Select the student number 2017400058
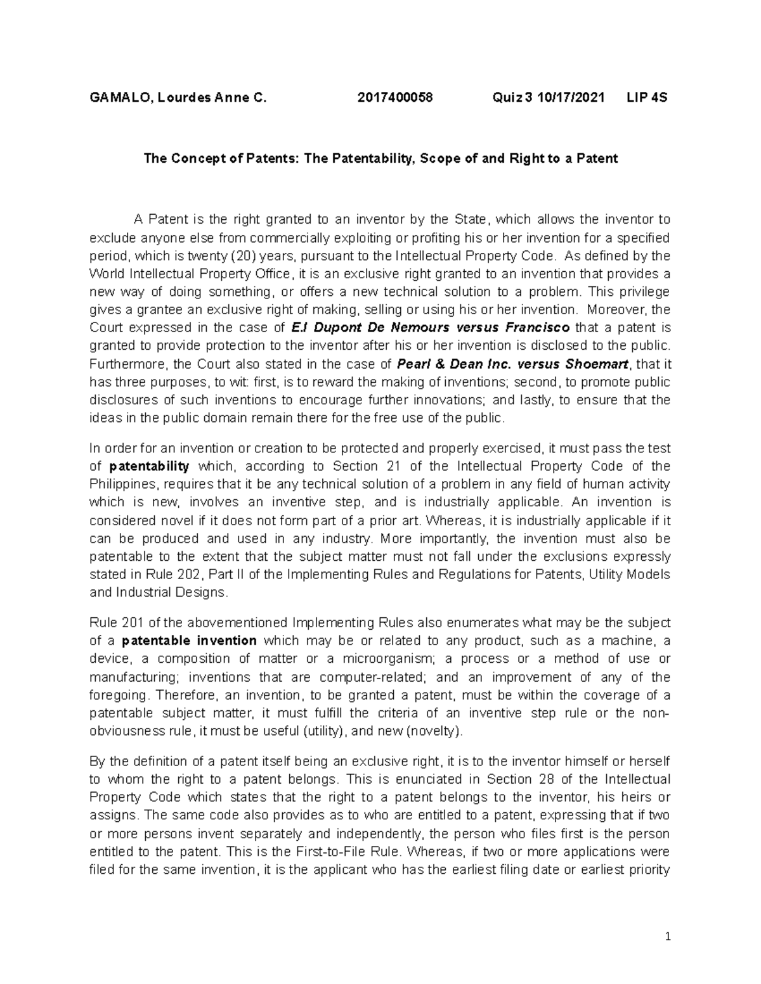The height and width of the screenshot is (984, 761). [x=394, y=98]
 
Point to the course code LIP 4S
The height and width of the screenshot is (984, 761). [x=646, y=98]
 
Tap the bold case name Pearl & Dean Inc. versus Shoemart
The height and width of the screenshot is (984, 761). [x=512, y=364]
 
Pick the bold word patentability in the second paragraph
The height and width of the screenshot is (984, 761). [x=149, y=466]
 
